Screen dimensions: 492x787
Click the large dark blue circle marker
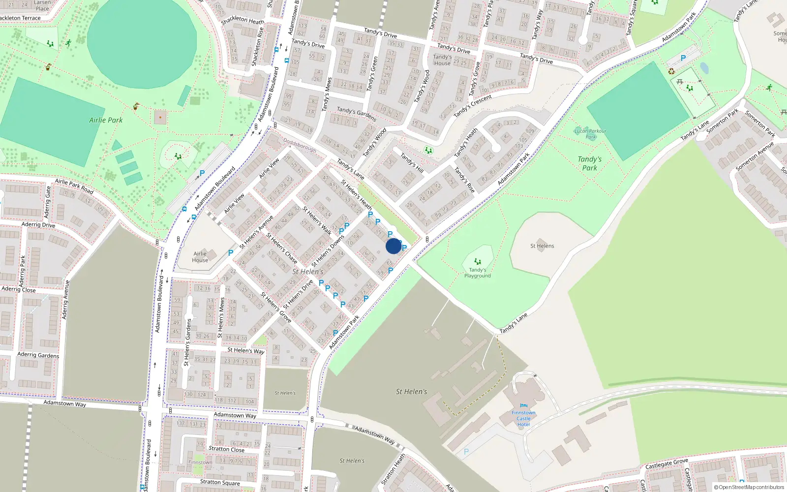(393, 246)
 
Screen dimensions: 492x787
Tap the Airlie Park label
(106, 120)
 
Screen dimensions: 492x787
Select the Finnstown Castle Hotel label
(523, 419)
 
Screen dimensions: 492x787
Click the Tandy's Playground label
(477, 273)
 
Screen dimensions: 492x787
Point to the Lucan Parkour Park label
(590, 134)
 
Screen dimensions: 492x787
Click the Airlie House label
(200, 257)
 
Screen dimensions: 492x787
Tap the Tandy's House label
(442, 60)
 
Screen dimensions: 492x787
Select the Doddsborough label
(300, 145)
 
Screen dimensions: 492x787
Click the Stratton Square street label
(220, 482)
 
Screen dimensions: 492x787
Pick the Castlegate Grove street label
(666, 463)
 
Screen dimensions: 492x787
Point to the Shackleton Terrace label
(20, 18)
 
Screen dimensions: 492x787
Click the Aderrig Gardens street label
(38, 355)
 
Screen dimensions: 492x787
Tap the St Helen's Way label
(245, 350)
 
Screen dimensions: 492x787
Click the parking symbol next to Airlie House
(231, 253)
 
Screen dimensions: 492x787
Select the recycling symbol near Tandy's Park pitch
(671, 71)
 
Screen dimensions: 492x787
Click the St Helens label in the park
(542, 246)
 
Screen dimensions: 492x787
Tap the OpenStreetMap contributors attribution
(749, 487)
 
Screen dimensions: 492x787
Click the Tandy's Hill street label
(412, 163)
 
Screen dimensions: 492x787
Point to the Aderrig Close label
(18, 289)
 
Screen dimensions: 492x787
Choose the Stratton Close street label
(226, 449)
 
